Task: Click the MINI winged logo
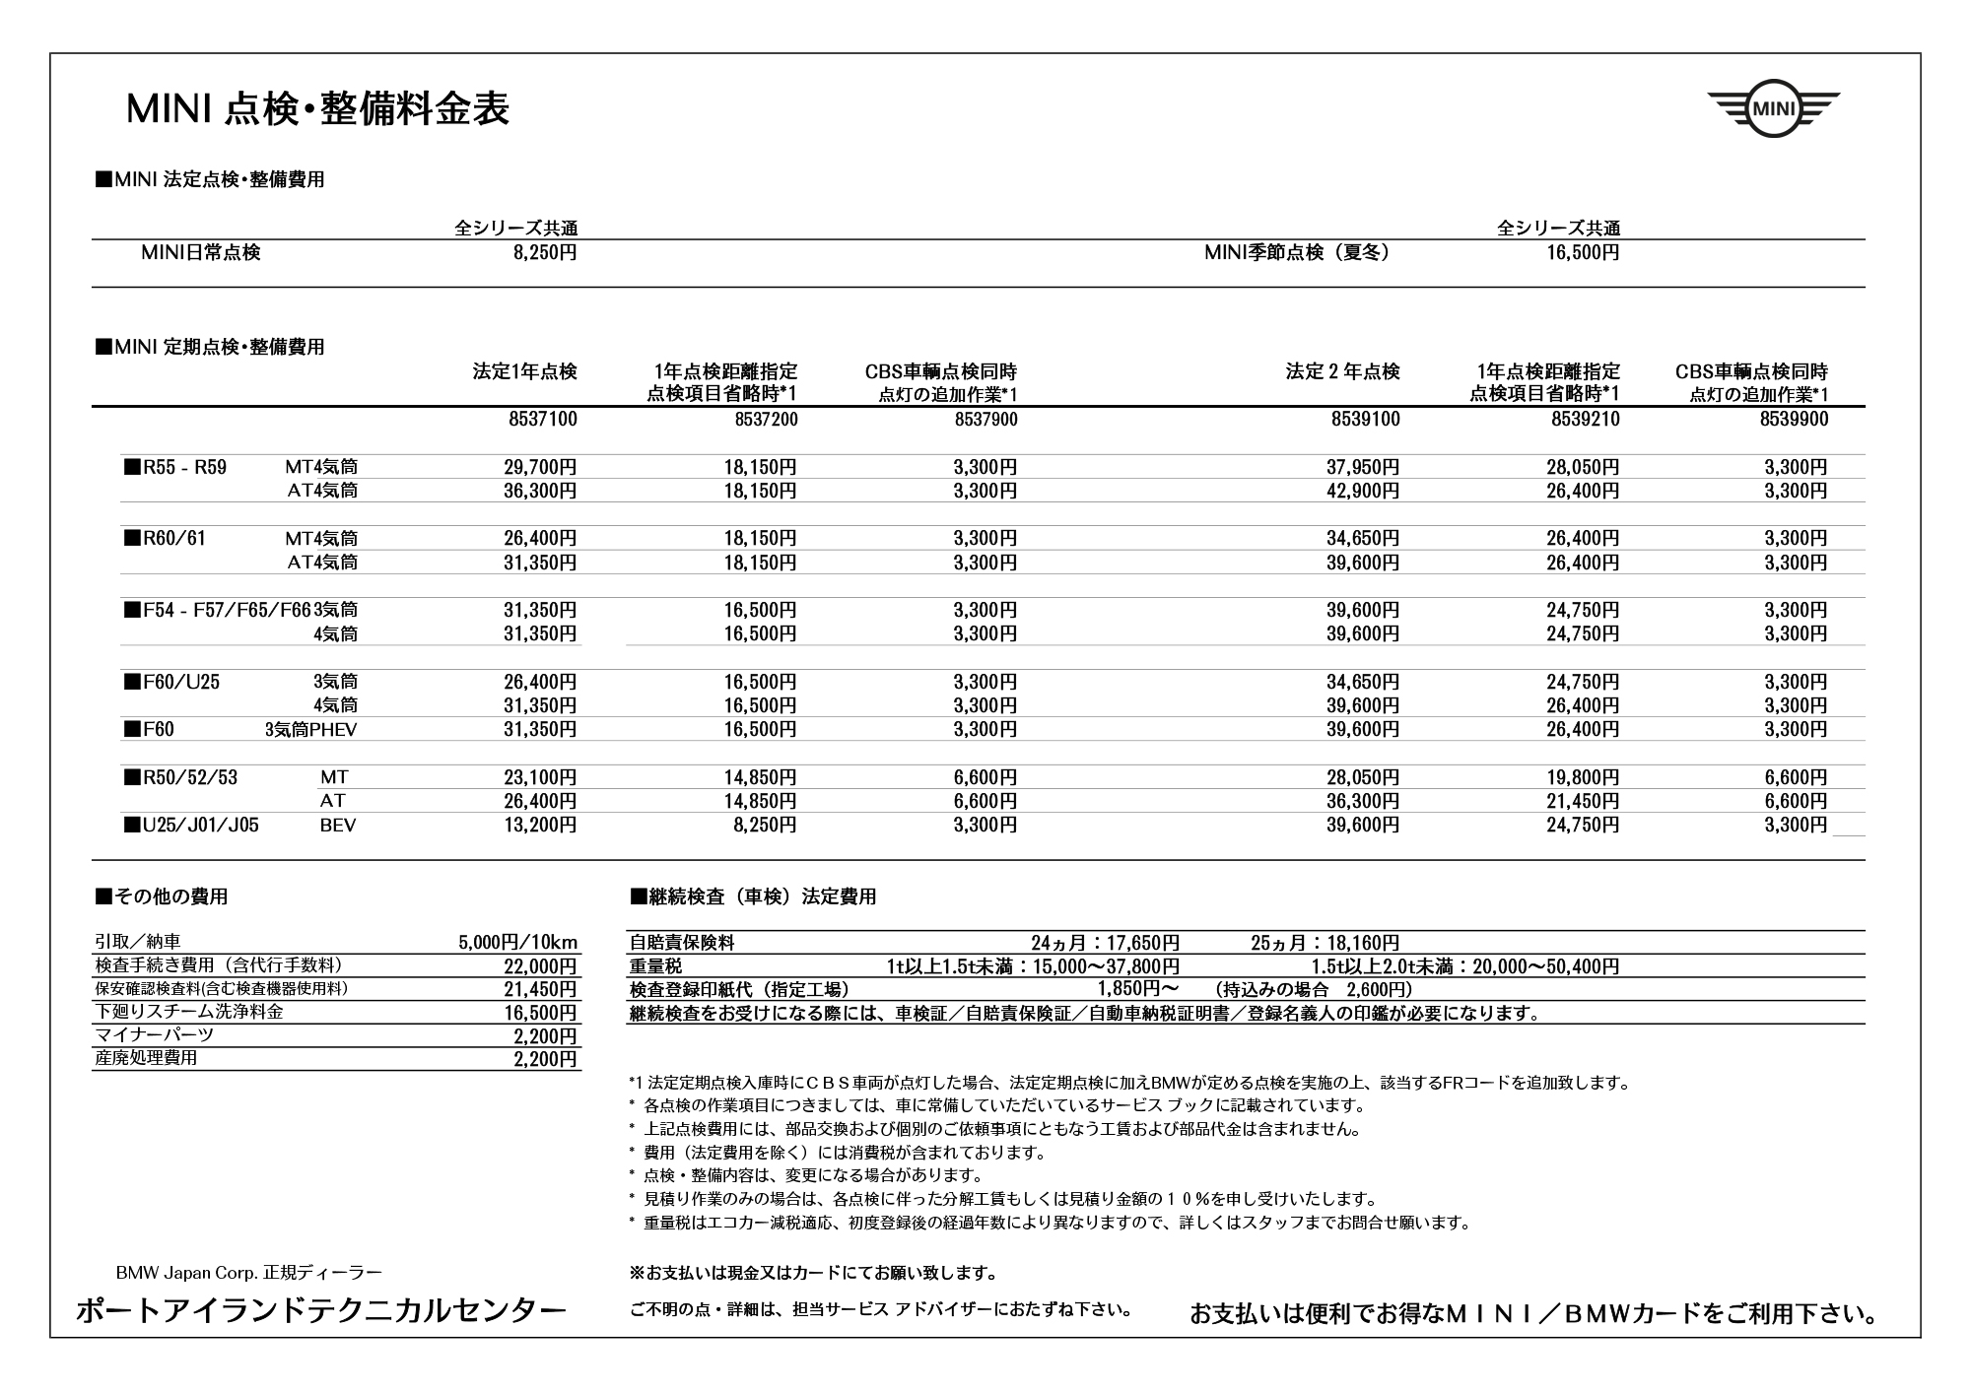point(1773,108)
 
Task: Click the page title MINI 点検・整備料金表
point(317,109)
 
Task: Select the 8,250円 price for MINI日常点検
point(545,253)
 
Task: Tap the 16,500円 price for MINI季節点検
point(1583,253)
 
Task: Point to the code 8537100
point(543,420)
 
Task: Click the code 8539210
point(1586,420)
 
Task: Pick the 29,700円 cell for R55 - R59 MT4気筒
point(540,467)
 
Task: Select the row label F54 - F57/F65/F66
point(218,611)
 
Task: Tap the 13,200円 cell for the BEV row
point(540,826)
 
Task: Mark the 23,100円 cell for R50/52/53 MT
point(540,777)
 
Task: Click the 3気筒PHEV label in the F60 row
point(310,730)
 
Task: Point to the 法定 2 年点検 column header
point(1342,372)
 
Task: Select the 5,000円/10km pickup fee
point(517,943)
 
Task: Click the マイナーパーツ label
point(154,1035)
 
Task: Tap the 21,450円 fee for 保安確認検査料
point(540,989)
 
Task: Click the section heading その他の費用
point(163,896)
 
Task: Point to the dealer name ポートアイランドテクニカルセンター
point(321,1310)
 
